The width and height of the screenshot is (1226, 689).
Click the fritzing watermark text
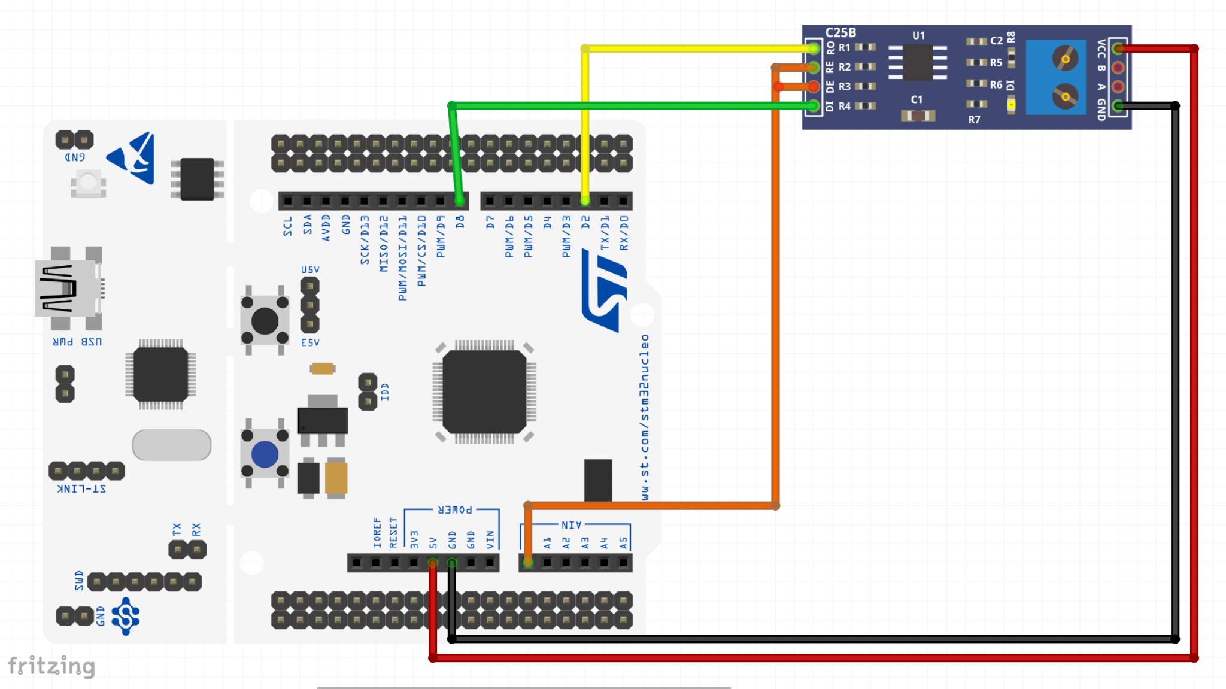pos(51,666)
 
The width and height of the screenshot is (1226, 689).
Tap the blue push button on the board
pos(265,454)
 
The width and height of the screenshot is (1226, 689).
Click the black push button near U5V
pos(265,321)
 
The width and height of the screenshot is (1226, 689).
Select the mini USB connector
pos(67,289)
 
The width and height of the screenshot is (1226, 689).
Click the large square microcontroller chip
pos(484,392)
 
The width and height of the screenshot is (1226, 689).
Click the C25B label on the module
pos(840,33)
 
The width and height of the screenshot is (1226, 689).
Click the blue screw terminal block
pos(1055,77)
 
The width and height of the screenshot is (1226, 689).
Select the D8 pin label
pos(460,222)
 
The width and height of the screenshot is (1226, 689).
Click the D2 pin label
pos(585,222)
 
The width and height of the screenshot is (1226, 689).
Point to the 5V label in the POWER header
pos(433,542)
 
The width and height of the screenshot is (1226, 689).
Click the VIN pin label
pos(490,539)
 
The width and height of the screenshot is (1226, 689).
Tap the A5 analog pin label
pos(623,542)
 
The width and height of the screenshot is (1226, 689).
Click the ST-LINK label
pos(81,489)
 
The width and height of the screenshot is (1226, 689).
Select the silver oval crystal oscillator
pos(172,445)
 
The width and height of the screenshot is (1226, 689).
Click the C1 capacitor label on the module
pos(917,99)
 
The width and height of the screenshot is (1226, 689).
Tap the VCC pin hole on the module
pos(1118,48)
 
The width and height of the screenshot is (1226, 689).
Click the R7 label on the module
pos(974,120)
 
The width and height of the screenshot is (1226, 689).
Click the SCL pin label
pos(288,226)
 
